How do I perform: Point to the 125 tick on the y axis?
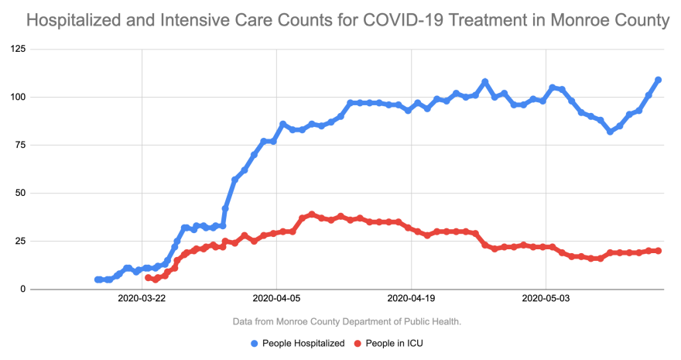[x=17, y=50]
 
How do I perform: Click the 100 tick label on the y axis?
[x=17, y=98]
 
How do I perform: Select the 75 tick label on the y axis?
[x=19, y=146]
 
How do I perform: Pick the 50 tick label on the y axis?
[x=19, y=194]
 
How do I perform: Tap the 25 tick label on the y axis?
[x=19, y=242]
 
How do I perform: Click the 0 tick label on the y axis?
[x=22, y=290]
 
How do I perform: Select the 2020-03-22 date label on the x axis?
[x=142, y=297]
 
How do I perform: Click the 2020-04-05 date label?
[x=277, y=297]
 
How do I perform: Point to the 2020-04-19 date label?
[x=412, y=297]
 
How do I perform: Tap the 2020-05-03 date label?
[x=546, y=297]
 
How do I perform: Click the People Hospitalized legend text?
[x=303, y=343]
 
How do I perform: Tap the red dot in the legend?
[x=358, y=343]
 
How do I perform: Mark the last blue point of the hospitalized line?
[x=659, y=80]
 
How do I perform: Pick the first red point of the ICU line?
[x=149, y=277]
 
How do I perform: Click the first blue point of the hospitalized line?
[x=98, y=279]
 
